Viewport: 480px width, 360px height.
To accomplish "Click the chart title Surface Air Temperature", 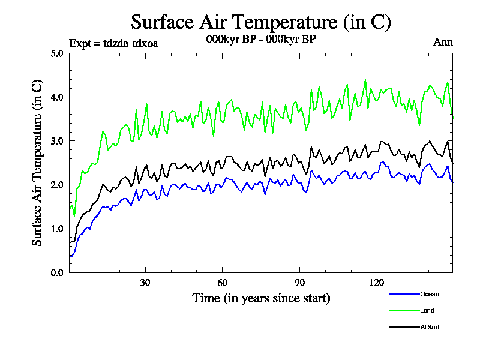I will [261, 22].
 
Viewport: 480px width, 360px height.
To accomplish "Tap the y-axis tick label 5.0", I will [57, 53].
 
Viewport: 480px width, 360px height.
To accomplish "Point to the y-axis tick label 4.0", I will [57, 97].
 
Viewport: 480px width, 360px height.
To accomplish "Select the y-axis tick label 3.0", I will [57, 141].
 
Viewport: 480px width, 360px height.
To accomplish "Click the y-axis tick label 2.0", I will [57, 185].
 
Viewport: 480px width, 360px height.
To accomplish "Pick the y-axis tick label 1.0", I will [57, 229].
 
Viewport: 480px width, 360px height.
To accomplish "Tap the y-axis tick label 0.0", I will [57, 272].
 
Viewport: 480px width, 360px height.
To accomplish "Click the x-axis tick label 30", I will [145, 283].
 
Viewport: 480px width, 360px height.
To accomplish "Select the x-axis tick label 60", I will [222, 283].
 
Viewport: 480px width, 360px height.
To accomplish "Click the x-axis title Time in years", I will [261, 298].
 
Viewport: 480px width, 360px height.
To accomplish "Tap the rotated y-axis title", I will [37, 162].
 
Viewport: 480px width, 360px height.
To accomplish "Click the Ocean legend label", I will [429, 294].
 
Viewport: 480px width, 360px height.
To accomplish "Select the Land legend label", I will [427, 311].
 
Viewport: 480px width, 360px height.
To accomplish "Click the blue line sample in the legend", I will [404, 294].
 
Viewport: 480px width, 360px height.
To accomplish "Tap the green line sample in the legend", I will [404, 311].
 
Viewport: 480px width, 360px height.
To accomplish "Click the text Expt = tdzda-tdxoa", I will [114, 43].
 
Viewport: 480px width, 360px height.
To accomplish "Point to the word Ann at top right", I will [443, 42].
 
